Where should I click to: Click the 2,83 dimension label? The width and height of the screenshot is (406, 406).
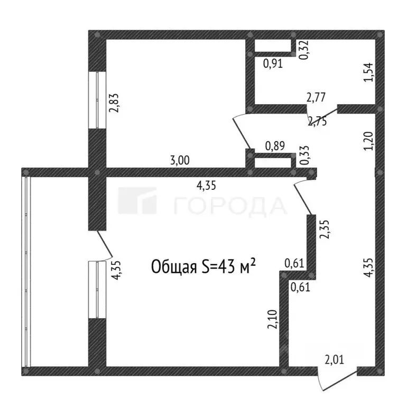pyautogui.click(x=114, y=103)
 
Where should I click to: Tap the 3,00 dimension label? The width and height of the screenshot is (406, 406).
pyautogui.click(x=180, y=160)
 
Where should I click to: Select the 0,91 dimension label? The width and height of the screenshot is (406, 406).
pyautogui.click(x=273, y=63)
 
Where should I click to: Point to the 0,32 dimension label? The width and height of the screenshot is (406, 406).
pyautogui.click(x=304, y=50)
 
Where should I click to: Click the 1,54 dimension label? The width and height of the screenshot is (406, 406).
pyautogui.click(x=368, y=72)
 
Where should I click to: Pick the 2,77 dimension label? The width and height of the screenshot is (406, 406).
pyautogui.click(x=316, y=98)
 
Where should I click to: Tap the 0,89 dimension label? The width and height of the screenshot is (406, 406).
pyautogui.click(x=275, y=146)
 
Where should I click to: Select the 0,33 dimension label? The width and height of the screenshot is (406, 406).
pyautogui.click(x=304, y=155)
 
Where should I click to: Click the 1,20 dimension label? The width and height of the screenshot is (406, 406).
pyautogui.click(x=368, y=141)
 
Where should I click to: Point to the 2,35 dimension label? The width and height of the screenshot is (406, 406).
pyautogui.click(x=324, y=229)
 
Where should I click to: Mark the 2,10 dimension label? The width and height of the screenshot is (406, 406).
pyautogui.click(x=273, y=319)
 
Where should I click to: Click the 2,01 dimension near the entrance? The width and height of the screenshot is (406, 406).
pyautogui.click(x=335, y=360)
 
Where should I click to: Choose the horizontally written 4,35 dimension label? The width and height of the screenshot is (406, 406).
pyautogui.click(x=206, y=186)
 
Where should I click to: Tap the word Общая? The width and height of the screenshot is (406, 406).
pyautogui.click(x=173, y=267)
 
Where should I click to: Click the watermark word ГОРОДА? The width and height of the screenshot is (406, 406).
pyautogui.click(x=230, y=206)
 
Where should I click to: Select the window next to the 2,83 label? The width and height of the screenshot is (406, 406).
pyautogui.click(x=97, y=100)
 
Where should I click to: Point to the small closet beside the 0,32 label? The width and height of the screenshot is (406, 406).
pyautogui.click(x=273, y=46)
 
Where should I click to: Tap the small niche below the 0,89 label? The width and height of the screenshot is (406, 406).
pyautogui.click(x=273, y=163)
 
